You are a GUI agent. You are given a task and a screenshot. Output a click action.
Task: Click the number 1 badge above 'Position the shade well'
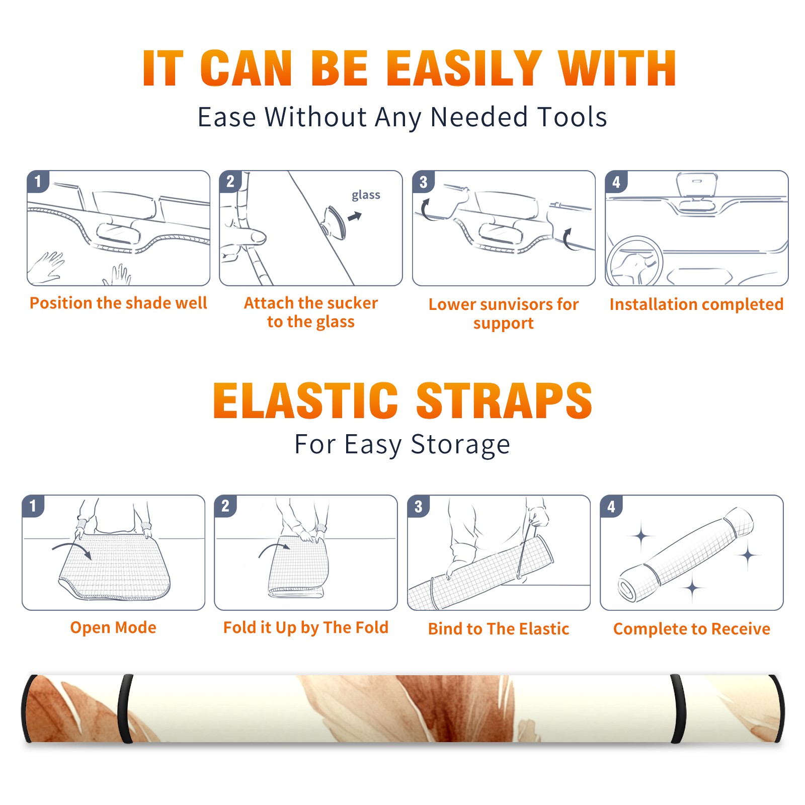tap(38, 181)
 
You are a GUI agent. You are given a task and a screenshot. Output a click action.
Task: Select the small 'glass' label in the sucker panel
tap(366, 195)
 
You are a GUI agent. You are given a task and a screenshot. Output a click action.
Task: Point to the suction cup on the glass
tap(335, 221)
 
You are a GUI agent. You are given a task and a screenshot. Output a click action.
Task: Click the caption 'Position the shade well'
tap(118, 303)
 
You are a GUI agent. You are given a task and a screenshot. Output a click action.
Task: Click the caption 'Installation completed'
tap(696, 304)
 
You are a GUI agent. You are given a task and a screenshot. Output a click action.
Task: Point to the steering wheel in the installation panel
tap(634, 262)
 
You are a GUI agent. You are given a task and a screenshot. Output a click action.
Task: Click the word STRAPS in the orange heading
tap(504, 400)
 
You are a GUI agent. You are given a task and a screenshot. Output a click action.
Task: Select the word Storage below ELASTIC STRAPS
tap(460, 445)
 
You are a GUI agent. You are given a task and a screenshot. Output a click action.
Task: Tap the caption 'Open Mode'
tap(113, 627)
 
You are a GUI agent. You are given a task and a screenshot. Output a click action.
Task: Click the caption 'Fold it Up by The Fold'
tap(306, 627)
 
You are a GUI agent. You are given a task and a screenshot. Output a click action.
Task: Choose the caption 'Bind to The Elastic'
tap(499, 629)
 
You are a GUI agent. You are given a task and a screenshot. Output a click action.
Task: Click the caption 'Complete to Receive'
tap(692, 629)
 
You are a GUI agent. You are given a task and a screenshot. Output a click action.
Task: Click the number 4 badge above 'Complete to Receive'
tap(611, 506)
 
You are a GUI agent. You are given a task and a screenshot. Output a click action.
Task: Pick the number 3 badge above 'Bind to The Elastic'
tap(418, 506)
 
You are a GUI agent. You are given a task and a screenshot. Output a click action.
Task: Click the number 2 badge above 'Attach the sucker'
tap(230, 181)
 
